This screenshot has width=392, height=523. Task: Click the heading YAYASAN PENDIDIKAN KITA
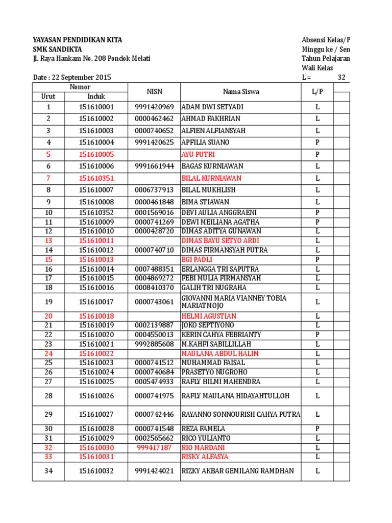(77, 40)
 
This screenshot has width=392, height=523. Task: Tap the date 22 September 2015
(72, 78)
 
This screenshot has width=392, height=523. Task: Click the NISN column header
(154, 91)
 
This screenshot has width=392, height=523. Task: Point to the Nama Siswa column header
(240, 91)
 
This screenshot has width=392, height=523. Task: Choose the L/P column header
(317, 91)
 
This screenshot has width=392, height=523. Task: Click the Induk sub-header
(96, 96)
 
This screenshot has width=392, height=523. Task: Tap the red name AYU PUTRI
(198, 154)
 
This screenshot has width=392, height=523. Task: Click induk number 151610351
(96, 178)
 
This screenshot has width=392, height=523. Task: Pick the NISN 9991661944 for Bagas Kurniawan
(154, 166)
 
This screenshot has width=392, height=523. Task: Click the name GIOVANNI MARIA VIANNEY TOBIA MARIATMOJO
(234, 301)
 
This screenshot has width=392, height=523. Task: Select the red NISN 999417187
(154, 447)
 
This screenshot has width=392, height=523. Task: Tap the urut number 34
(48, 471)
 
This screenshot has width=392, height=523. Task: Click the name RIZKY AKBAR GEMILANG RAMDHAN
(237, 471)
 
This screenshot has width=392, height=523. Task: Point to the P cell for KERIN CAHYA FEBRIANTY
(317, 335)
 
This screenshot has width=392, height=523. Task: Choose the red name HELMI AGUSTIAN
(209, 316)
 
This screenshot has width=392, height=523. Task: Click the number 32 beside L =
(342, 78)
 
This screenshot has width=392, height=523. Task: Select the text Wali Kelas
(317, 68)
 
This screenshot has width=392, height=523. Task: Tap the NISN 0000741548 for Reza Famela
(154, 429)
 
